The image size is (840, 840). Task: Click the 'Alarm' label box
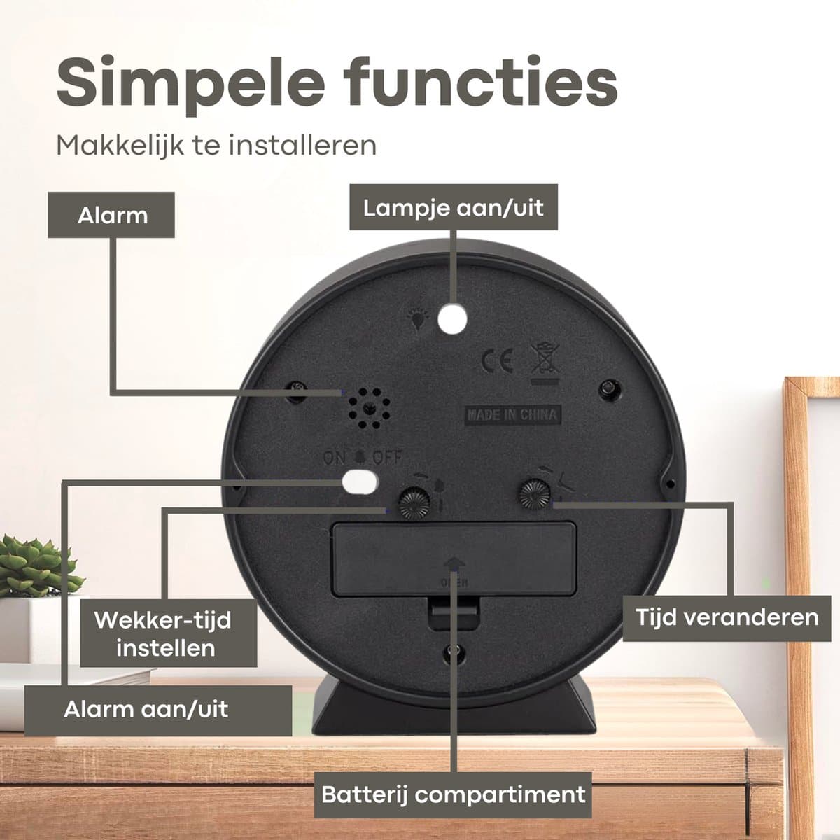coord(111,215)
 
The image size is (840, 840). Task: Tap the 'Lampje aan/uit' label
coord(454,207)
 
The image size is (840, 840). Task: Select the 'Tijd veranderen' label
coord(727,618)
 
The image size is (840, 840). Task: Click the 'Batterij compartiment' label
coord(453,794)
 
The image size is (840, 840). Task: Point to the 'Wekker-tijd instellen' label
coord(168,633)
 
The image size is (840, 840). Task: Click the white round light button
coord(452,318)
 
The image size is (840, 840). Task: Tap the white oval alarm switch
coord(360,481)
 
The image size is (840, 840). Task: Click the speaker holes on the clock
coord(369,408)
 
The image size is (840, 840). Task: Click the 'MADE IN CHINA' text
coord(512,414)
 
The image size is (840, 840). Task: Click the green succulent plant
coord(37,568)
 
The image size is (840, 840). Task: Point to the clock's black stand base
coord(454,708)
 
